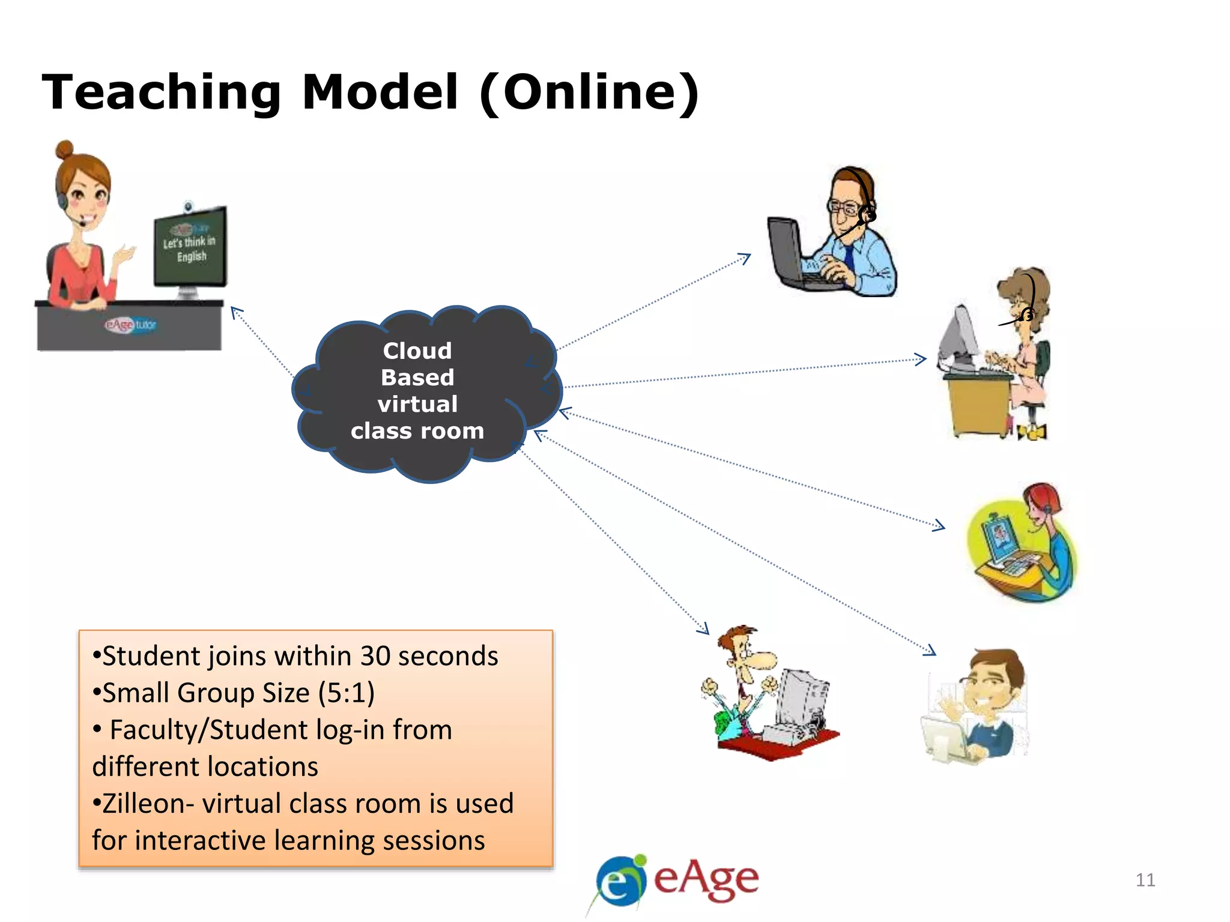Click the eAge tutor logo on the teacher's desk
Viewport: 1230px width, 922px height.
(x=130, y=325)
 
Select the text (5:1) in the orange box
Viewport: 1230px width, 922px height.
(x=347, y=693)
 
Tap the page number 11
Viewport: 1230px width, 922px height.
(x=1145, y=880)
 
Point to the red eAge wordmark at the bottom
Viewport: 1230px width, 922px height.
(x=706, y=879)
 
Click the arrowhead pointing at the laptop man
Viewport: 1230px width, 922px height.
(x=745, y=258)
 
